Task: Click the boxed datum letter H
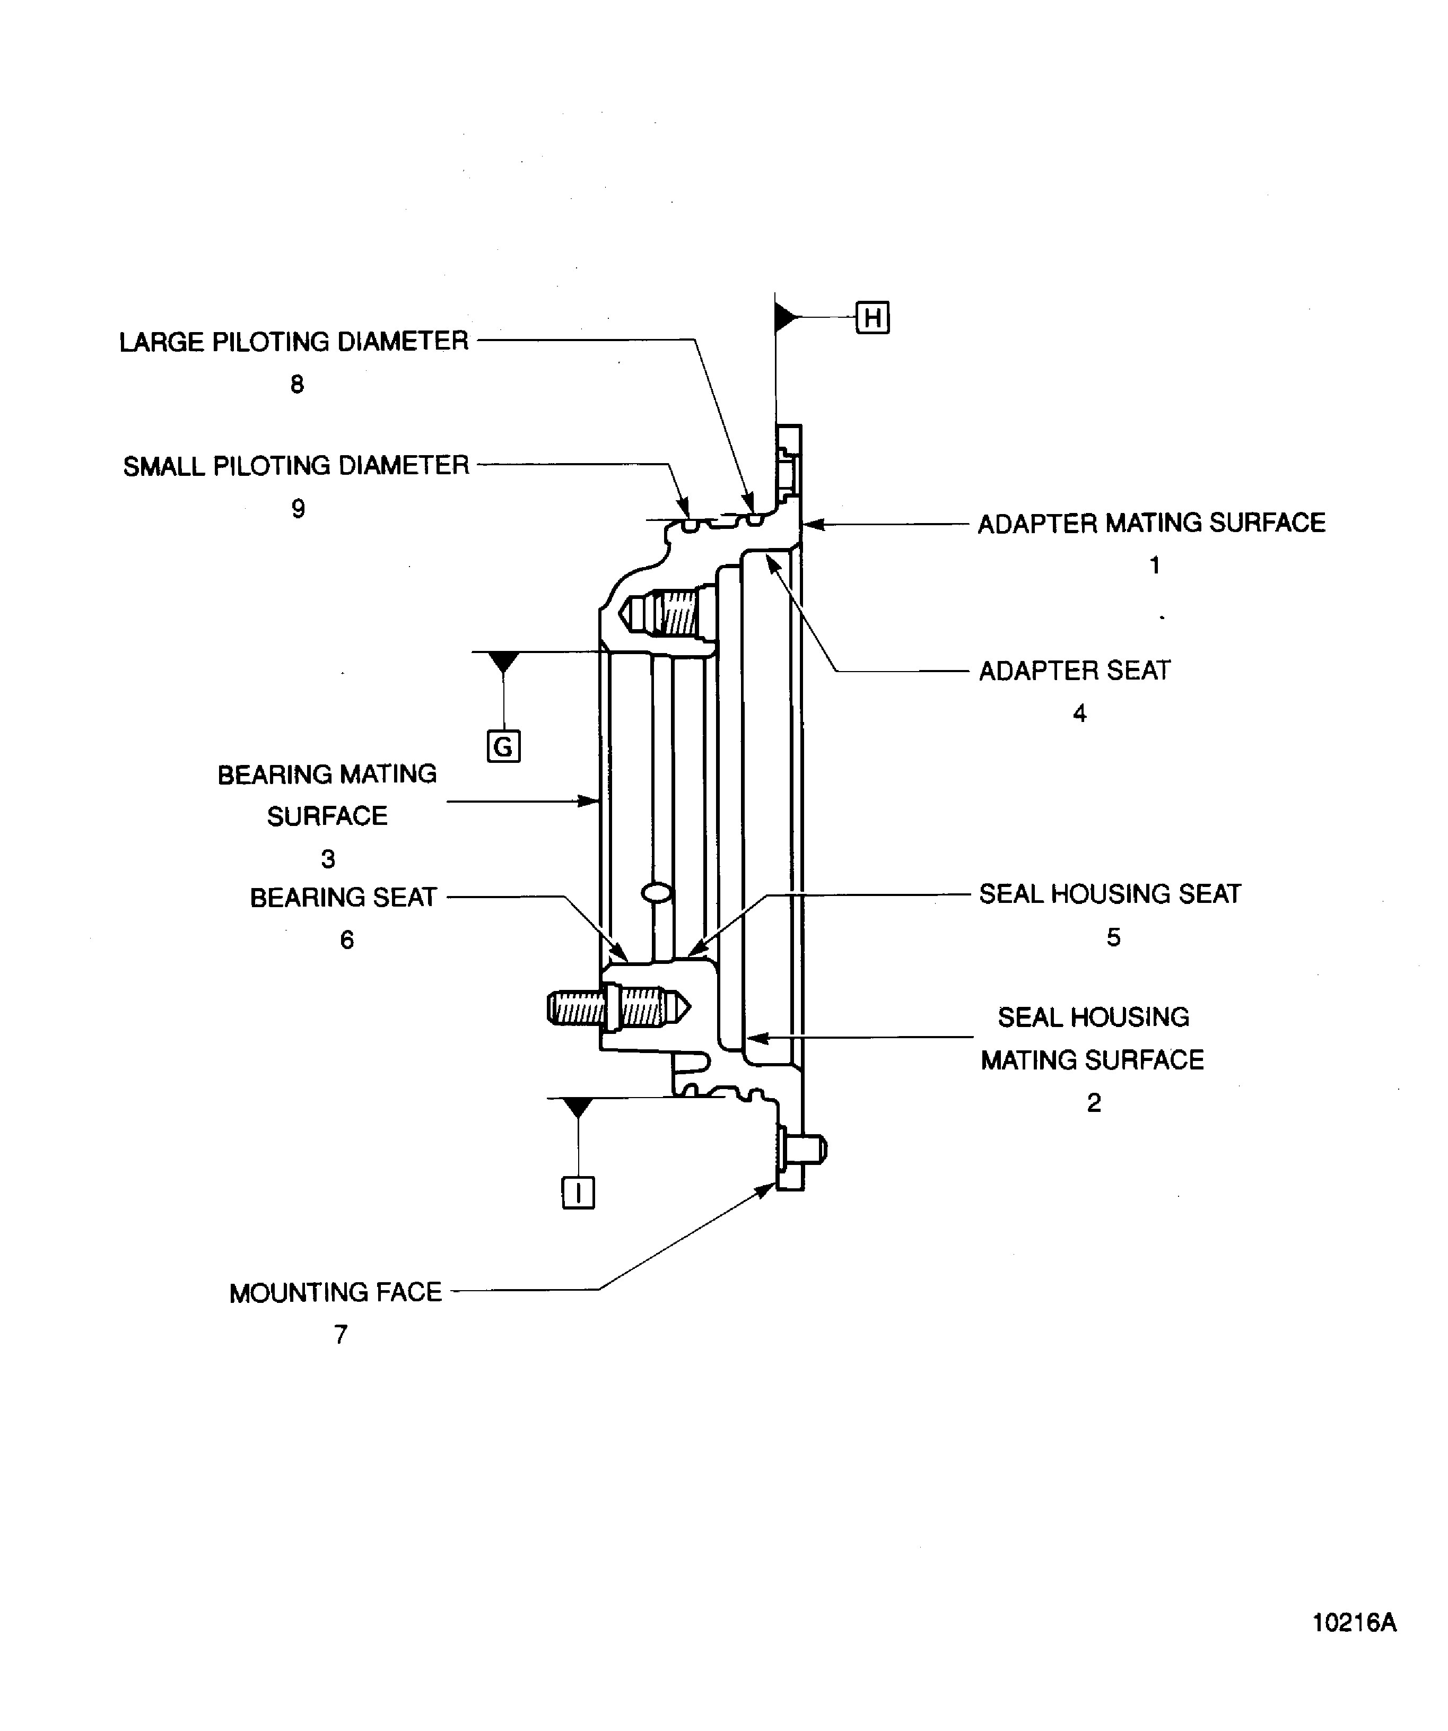coord(872,317)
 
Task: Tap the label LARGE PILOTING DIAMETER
coord(293,341)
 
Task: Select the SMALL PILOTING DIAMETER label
coord(296,466)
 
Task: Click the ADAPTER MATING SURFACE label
coord(1152,523)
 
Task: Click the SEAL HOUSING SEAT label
coord(1109,893)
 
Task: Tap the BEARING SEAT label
coord(343,897)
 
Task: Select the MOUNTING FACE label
coord(335,1292)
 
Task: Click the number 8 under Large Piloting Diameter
coord(296,384)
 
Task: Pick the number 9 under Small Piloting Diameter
coord(298,509)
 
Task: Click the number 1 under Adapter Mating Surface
coord(1155,566)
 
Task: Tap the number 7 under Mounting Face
coord(341,1335)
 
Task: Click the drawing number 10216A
coord(1354,1623)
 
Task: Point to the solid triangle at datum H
coord(786,317)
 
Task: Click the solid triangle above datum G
coord(503,661)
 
